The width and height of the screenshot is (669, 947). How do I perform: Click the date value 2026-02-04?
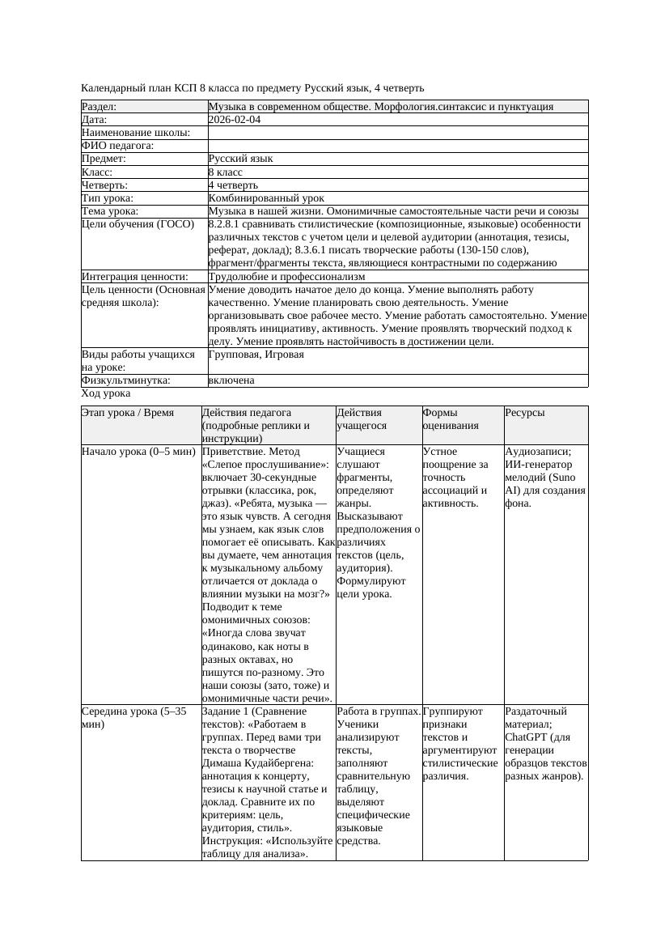234,120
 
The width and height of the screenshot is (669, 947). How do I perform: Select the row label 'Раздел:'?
99,107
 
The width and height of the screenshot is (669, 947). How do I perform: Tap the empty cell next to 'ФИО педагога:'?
397,146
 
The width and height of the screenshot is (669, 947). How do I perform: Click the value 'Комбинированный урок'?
266,197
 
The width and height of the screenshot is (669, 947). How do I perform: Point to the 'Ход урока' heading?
106,393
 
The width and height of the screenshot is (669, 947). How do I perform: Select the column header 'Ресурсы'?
525,413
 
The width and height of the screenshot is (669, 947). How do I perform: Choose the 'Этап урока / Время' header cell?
128,413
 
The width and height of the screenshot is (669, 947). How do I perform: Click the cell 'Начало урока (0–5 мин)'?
138,452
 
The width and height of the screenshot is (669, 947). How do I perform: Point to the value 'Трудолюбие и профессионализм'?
286,277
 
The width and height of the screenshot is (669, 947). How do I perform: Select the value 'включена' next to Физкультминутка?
231,380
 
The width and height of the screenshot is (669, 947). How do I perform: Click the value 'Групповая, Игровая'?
256,355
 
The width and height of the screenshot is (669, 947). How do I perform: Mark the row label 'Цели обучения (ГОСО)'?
138,224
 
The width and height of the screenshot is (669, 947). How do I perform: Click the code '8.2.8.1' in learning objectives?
223,224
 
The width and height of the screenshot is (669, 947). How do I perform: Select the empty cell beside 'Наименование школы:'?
397,133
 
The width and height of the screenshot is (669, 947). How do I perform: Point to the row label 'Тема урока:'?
110,210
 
